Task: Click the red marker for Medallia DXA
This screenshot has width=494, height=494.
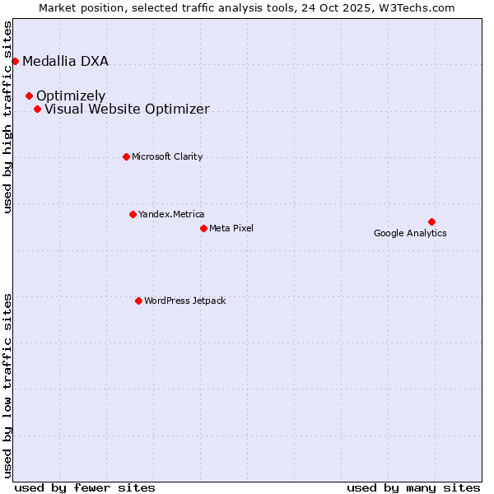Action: coord(15,61)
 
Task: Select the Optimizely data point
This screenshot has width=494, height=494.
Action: coord(29,96)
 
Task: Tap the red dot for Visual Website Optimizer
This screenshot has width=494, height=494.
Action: coord(37,109)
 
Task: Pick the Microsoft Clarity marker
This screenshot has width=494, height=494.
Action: coord(126,156)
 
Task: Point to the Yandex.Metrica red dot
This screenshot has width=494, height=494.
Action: coord(133,214)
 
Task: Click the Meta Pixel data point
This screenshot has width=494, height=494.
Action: coord(203,228)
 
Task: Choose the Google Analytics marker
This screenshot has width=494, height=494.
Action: coord(431,221)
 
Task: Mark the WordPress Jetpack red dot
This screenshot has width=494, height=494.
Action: coord(138,301)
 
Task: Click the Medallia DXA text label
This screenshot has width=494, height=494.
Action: coord(65,61)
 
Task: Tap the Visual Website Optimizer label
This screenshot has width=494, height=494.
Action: coord(127,109)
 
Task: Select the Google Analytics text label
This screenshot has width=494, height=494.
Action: coord(410,233)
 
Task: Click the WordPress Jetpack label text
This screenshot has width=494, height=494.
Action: coord(184,301)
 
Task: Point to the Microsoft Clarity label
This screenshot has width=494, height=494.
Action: coord(167,156)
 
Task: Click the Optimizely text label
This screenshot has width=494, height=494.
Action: coord(71,96)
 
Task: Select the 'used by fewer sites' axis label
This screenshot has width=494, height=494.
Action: coord(85,487)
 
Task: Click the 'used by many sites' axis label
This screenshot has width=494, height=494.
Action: coord(413,487)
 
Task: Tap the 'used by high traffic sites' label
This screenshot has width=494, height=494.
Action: coord(8,117)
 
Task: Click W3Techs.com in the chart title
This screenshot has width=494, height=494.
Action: coord(419,7)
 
